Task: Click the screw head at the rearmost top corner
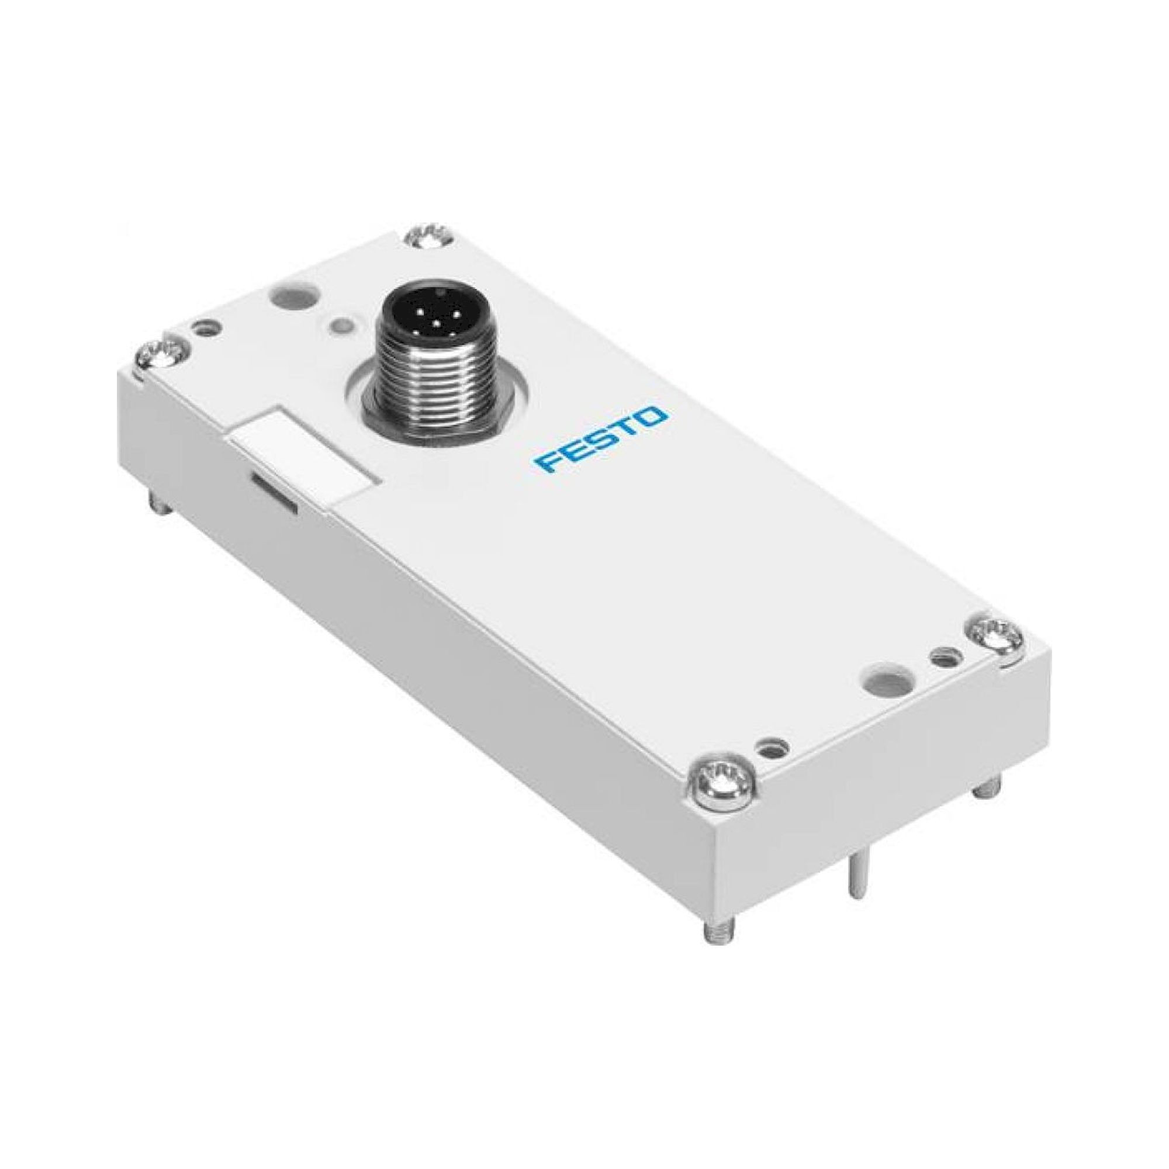pyautogui.click(x=428, y=236)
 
